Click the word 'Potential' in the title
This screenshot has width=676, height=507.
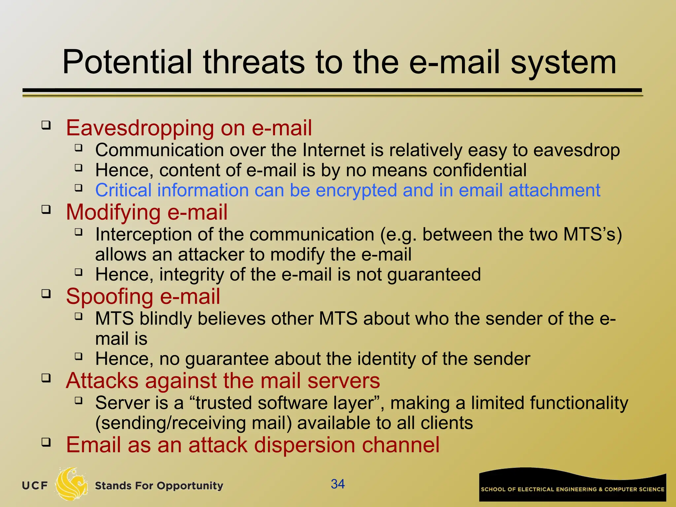coord(127,62)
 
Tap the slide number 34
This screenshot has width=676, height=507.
coord(338,484)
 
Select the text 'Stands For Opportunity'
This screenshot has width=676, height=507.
coord(159,486)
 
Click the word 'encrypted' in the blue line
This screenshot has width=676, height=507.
coord(356,190)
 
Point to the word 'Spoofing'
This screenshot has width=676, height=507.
coord(109,297)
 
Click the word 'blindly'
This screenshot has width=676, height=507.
coord(166,319)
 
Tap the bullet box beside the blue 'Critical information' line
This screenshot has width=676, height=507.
coord(78,188)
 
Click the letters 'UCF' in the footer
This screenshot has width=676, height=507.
coord(35,486)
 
